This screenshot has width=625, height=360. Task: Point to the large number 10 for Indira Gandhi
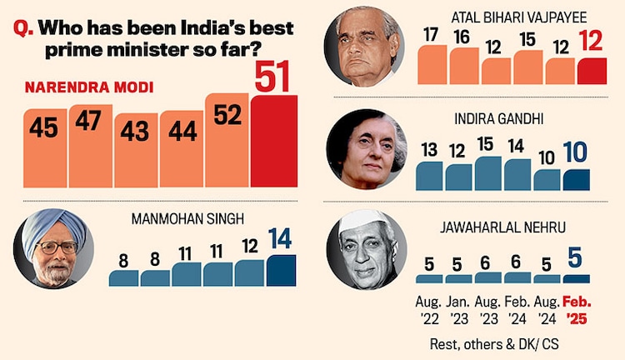(x=576, y=152)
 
